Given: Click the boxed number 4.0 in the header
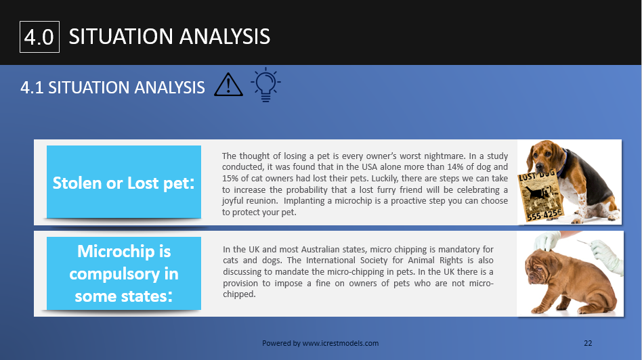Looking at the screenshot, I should [39, 37].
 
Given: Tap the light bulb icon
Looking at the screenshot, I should [265, 85].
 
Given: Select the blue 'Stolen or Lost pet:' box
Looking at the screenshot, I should [124, 182].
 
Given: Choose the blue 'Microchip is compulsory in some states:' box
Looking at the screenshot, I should [124, 273].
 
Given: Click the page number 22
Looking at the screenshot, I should [588, 343].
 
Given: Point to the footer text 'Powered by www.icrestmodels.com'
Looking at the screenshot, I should [320, 343].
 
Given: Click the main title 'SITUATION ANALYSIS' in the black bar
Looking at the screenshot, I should [169, 36].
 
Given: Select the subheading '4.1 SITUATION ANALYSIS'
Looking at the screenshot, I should [113, 87].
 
